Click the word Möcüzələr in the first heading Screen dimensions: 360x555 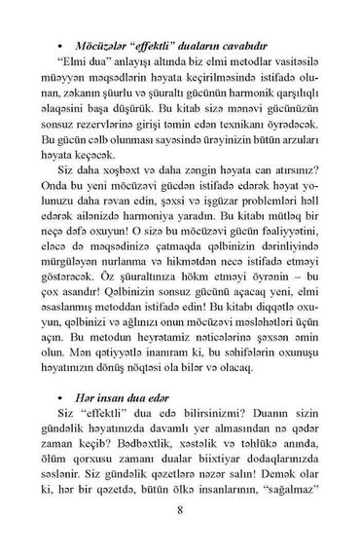103,18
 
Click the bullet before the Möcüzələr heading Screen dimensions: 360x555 61,19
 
